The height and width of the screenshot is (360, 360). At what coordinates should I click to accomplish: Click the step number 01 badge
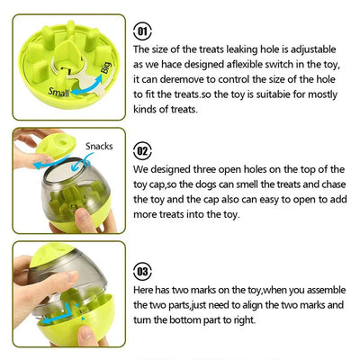click(142, 31)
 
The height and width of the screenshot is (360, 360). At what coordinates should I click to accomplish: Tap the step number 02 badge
click(142, 151)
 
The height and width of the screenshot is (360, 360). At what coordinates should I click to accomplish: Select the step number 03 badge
click(142, 271)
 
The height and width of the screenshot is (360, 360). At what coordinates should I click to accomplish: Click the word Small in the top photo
click(58, 92)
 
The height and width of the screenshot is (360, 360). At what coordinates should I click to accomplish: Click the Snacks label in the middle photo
click(99, 146)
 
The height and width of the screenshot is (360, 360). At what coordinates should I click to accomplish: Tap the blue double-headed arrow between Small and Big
click(86, 86)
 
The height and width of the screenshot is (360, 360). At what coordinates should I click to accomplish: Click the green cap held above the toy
click(56, 145)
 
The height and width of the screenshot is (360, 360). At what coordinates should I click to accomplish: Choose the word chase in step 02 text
click(334, 184)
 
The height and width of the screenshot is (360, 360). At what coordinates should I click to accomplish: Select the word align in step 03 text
click(253, 305)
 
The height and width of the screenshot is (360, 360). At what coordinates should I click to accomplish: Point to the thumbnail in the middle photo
click(82, 214)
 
